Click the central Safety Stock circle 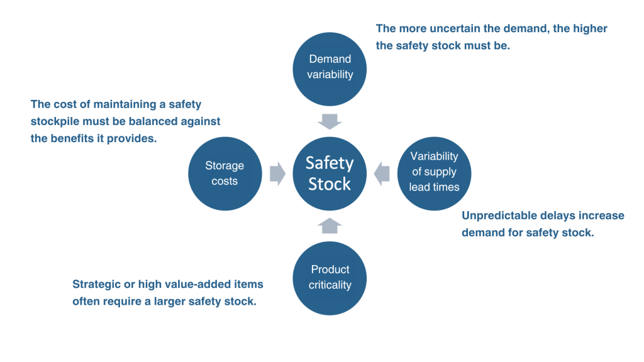point(330,173)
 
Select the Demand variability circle point(330,69)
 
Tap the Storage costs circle point(225,173)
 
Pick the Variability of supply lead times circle point(434,173)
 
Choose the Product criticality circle point(330,278)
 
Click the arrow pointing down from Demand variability point(330,121)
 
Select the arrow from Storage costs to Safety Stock point(277,173)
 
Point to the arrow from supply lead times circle point(382,173)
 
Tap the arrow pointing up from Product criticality point(330,226)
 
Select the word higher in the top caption point(590,28)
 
